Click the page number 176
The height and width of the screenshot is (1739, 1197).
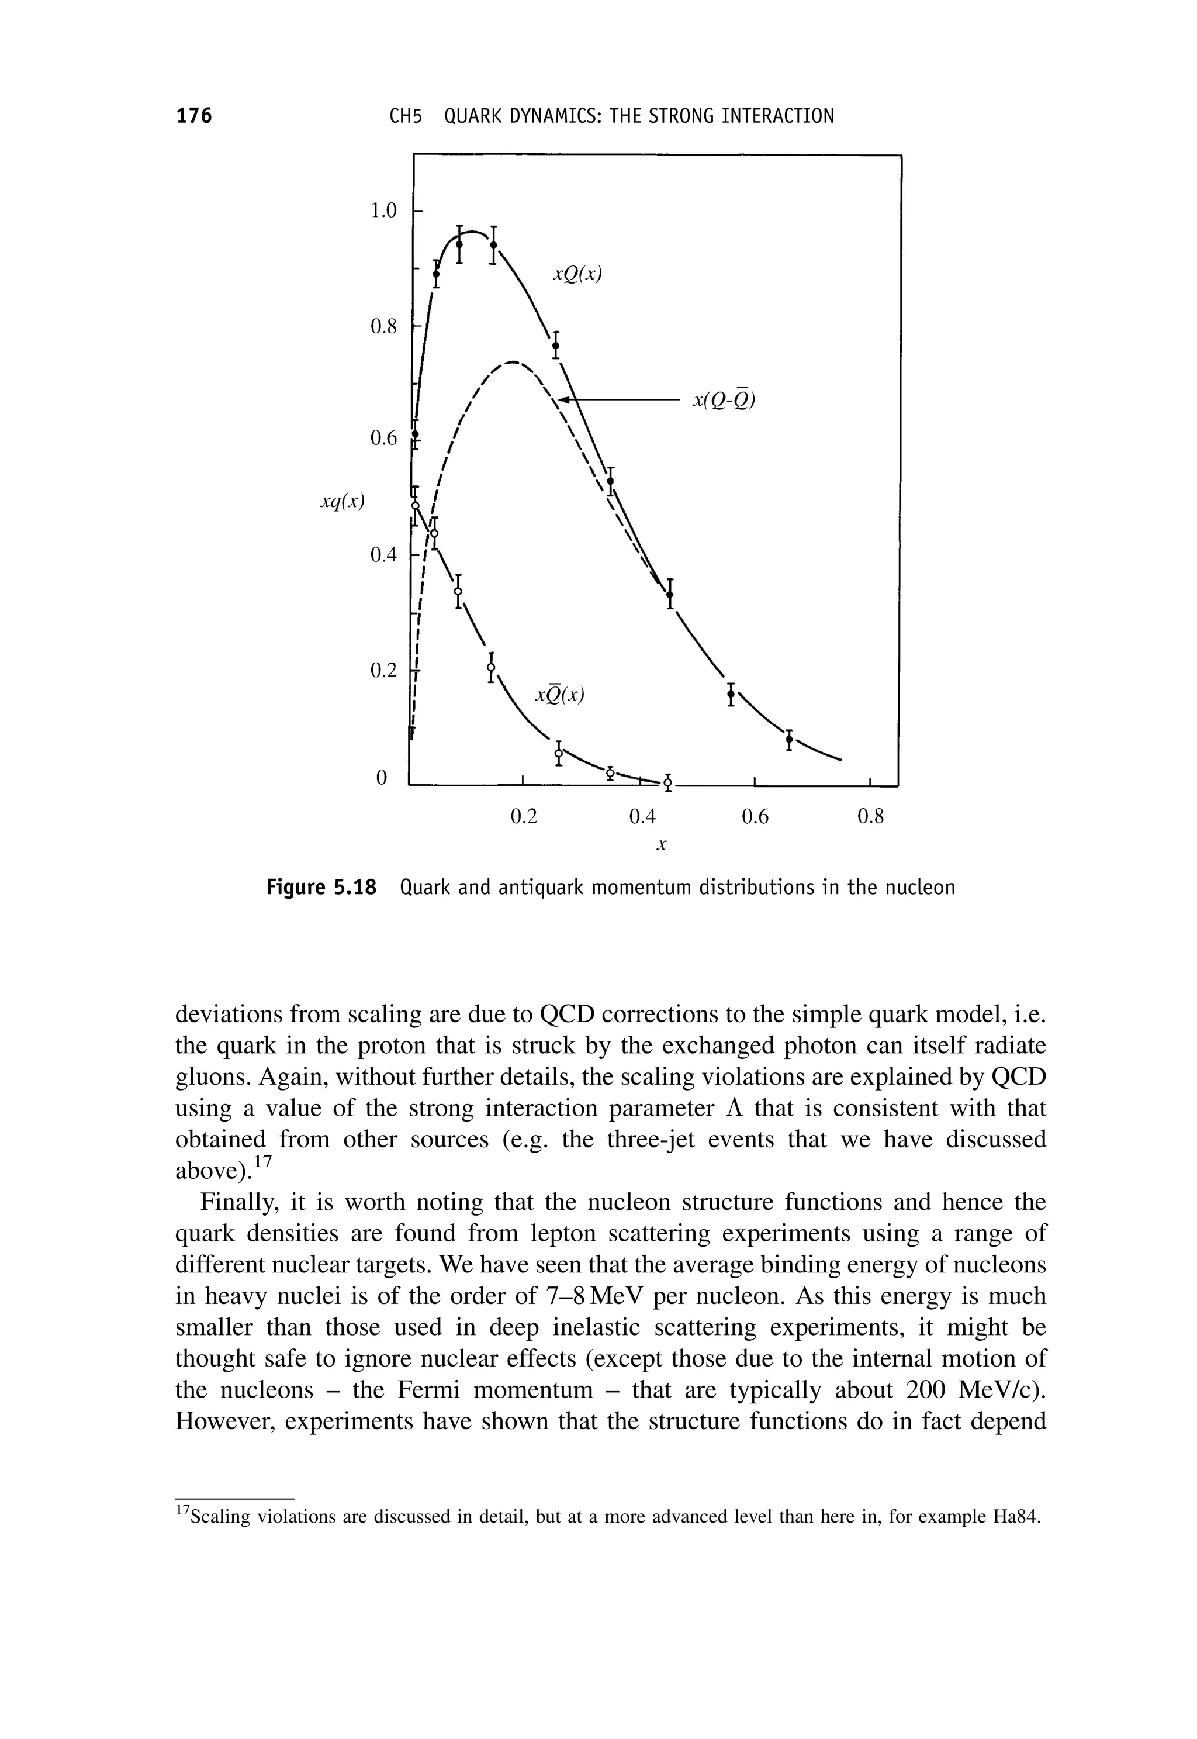[x=194, y=116]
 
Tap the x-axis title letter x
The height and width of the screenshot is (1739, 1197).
[x=661, y=845]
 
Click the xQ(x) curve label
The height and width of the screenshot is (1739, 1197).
[x=577, y=275]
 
